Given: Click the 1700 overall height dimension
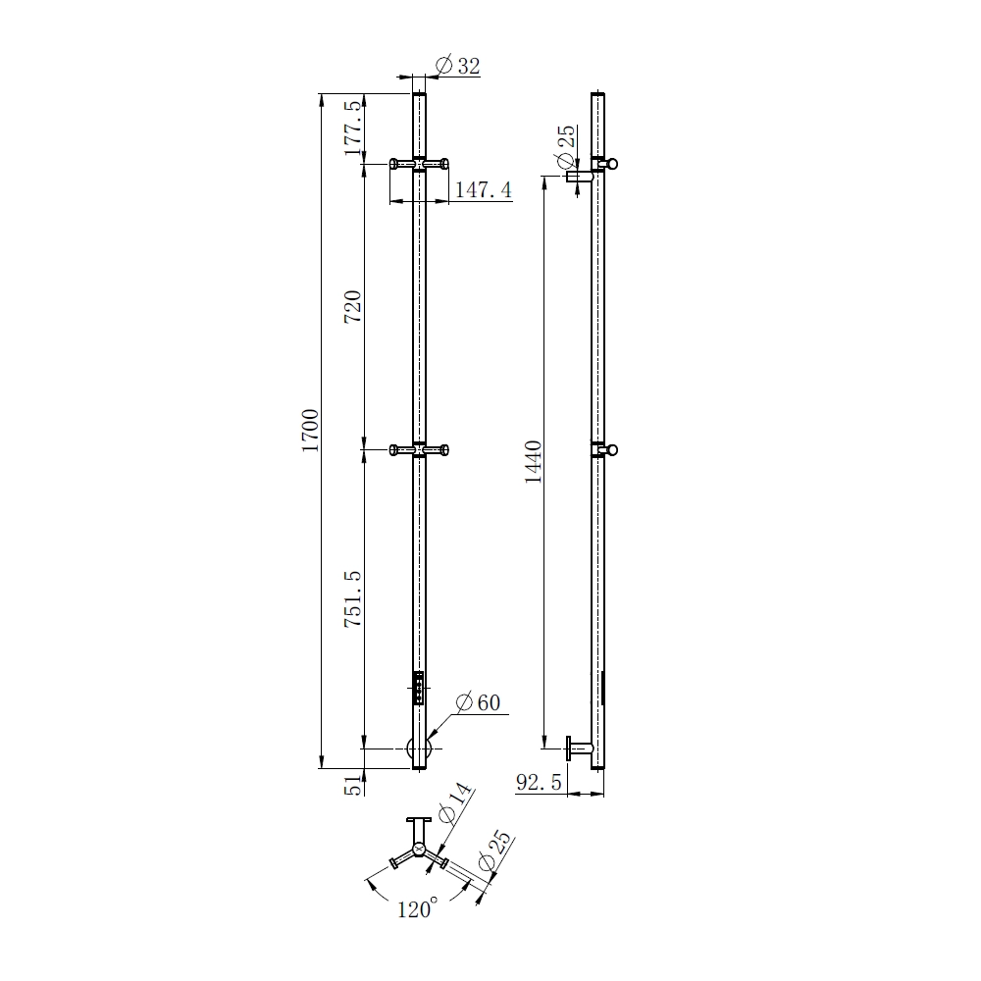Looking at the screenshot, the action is point(310,431).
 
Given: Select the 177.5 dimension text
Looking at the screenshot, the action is point(353,128).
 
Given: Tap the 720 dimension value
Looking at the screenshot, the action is point(353,306).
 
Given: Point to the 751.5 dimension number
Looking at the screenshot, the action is point(353,598).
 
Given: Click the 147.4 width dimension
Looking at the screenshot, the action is point(483,189).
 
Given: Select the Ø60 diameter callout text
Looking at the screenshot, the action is point(479,702).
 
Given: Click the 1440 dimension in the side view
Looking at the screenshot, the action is point(533,462).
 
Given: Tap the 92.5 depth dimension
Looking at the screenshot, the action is point(539,782).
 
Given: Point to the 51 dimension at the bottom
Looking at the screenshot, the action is point(354,785).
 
